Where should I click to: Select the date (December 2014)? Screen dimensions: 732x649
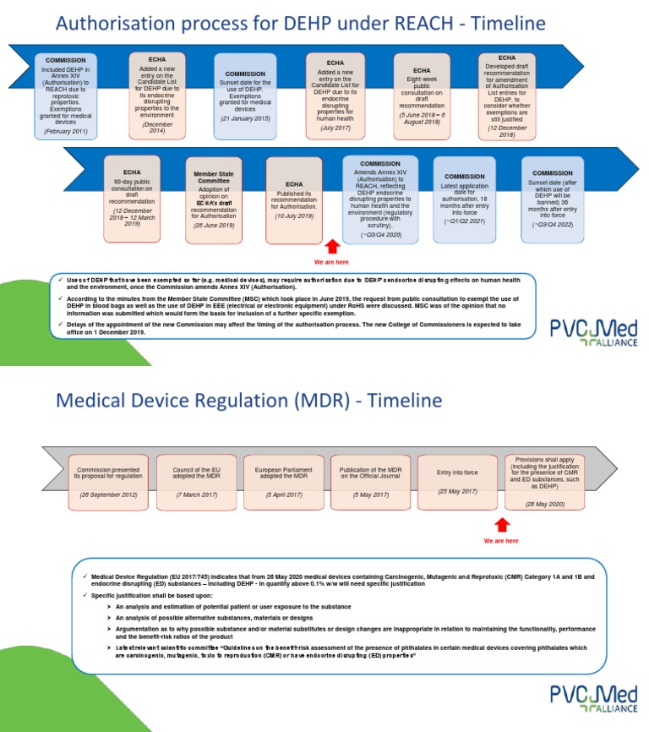click(x=158, y=128)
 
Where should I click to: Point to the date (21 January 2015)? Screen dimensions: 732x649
click(x=245, y=118)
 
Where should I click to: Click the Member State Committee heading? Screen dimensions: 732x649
click(x=213, y=178)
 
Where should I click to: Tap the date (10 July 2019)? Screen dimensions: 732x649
click(x=294, y=216)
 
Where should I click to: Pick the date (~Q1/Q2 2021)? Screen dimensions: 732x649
click(x=465, y=221)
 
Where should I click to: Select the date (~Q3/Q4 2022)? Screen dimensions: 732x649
click(x=553, y=225)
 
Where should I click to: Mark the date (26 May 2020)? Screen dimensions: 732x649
click(x=544, y=504)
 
